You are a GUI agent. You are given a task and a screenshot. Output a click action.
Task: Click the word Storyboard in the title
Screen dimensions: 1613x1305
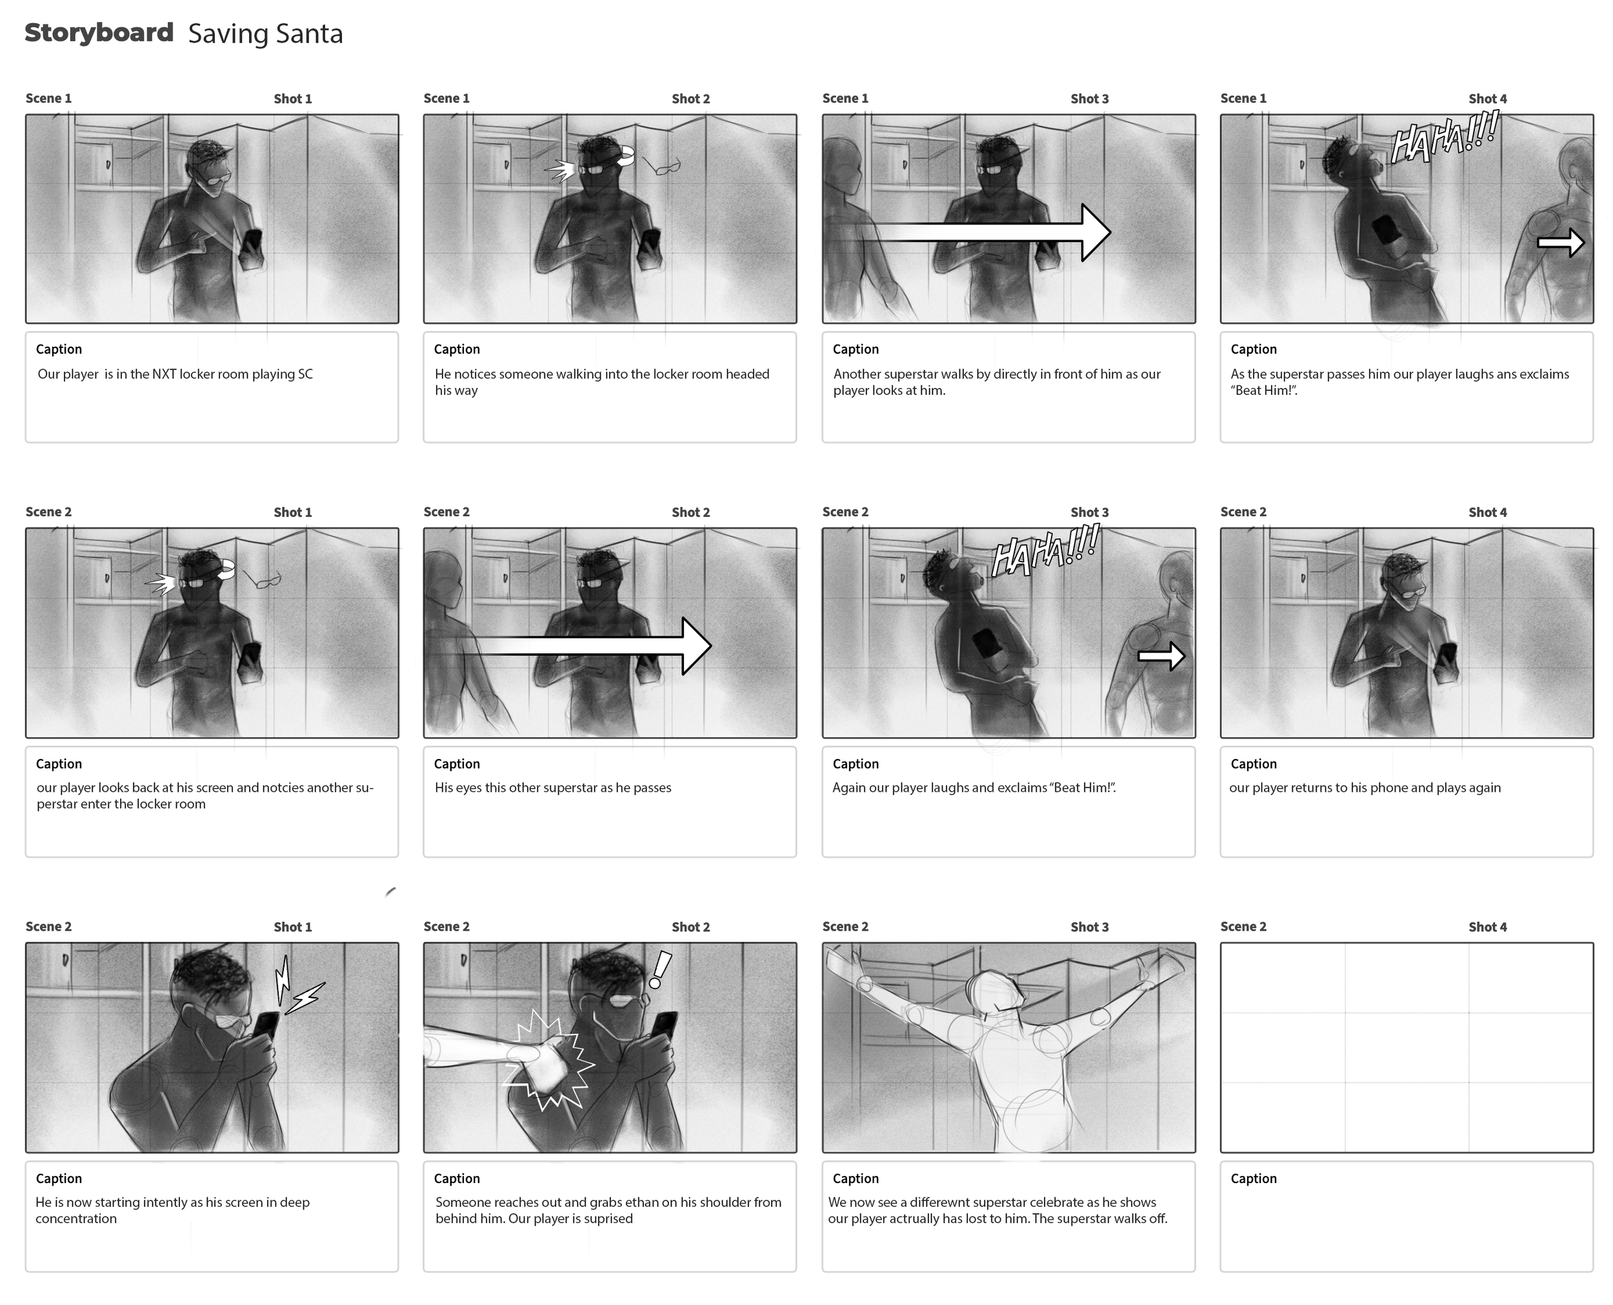point(99,32)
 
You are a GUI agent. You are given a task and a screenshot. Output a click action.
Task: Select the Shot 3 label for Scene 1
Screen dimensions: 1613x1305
point(1089,99)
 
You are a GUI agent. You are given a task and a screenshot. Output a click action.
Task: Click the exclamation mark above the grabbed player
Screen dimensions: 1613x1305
point(659,970)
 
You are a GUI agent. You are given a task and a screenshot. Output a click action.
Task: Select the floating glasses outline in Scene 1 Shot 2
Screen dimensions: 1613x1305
point(662,166)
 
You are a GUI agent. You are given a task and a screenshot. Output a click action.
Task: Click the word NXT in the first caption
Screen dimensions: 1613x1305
point(165,374)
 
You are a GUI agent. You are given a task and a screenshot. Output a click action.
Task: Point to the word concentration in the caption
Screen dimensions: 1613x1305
point(76,1219)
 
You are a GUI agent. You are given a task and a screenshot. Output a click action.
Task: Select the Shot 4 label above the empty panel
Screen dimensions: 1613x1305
point(1488,927)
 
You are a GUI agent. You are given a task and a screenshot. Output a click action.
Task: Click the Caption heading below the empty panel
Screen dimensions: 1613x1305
point(1253,1178)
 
